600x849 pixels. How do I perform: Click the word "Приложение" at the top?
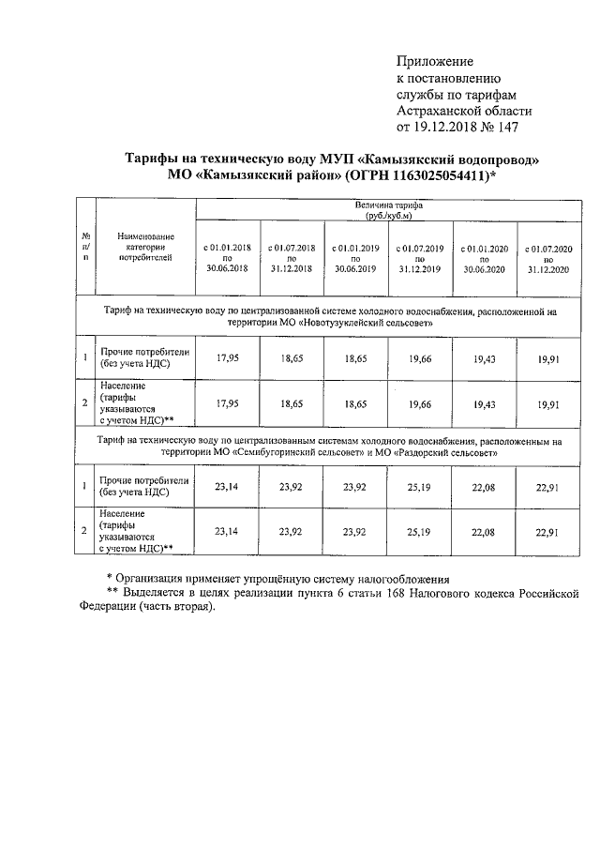pyautogui.click(x=436, y=61)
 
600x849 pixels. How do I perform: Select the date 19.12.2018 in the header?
pyautogui.click(x=448, y=127)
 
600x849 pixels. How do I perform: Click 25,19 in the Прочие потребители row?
pyautogui.click(x=418, y=488)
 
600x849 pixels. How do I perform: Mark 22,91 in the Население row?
pyautogui.click(x=547, y=532)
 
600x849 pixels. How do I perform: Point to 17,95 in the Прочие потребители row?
pyautogui.click(x=226, y=358)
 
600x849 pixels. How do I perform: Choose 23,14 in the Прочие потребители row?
pyautogui.click(x=226, y=488)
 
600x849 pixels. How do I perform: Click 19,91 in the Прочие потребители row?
pyautogui.click(x=547, y=358)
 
